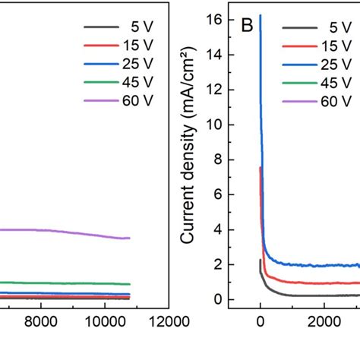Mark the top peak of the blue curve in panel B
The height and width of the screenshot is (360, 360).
click(261, 15)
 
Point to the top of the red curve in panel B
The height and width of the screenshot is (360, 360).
click(261, 168)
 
